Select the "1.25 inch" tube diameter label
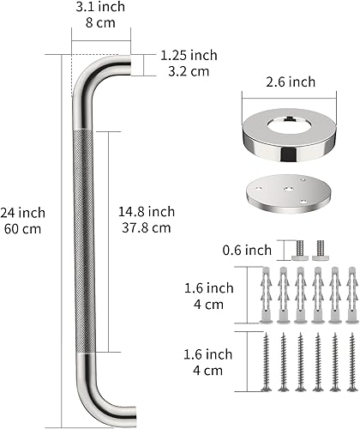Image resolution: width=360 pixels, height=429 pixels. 188,56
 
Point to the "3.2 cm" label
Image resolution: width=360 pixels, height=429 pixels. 184,71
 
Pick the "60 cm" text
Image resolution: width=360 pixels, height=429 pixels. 23,228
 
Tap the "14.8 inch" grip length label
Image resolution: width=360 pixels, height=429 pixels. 147,212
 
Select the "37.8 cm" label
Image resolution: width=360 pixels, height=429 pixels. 147,227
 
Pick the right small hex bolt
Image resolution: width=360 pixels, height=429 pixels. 321,250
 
